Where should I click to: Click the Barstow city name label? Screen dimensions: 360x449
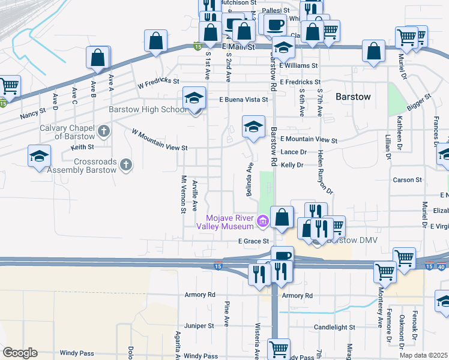tap(353, 96)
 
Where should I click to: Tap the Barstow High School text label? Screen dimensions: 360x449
tap(148, 110)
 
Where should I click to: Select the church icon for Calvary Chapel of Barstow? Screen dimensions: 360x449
tap(104, 131)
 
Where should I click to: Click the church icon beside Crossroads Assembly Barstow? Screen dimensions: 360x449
tap(125, 164)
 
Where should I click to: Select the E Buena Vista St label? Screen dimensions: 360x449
tap(243, 99)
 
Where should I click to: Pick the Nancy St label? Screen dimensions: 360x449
tap(32, 112)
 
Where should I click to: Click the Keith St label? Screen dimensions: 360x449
tap(82, 146)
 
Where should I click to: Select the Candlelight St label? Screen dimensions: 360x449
tap(334, 328)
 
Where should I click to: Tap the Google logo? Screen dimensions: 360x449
tap(20, 352)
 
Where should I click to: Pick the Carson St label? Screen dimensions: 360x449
tap(407, 180)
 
